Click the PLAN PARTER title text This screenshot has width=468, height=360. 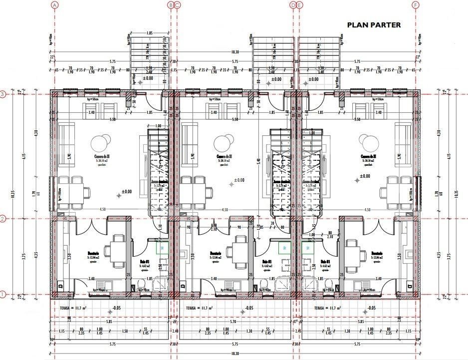point(373,24)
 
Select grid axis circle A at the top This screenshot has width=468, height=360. point(55,5)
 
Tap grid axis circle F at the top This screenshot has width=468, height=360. point(415,5)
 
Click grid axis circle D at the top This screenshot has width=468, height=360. point(293,5)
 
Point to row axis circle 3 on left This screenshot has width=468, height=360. point(3,94)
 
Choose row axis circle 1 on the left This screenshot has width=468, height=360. point(3,295)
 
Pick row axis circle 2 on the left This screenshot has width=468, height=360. point(3,219)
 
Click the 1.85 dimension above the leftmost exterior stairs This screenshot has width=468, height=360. point(149,33)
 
